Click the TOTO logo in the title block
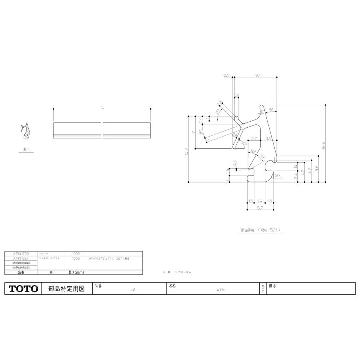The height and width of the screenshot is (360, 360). point(23,288)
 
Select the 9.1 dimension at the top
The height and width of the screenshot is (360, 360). point(257,75)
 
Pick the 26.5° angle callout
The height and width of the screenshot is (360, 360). point(278,175)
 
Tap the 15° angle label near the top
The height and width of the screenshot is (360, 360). point(271,110)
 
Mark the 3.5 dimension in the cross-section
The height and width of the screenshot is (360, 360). point(268,138)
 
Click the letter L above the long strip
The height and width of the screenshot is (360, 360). point(102,107)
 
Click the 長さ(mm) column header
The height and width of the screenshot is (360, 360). point(76,272)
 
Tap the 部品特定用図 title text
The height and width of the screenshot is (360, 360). point(66,288)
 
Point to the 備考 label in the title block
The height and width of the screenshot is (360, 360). point(273,286)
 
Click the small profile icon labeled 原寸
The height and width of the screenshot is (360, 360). point(26,131)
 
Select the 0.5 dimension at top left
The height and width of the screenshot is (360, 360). point(226,75)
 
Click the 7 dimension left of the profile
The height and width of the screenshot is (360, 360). point(193,132)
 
